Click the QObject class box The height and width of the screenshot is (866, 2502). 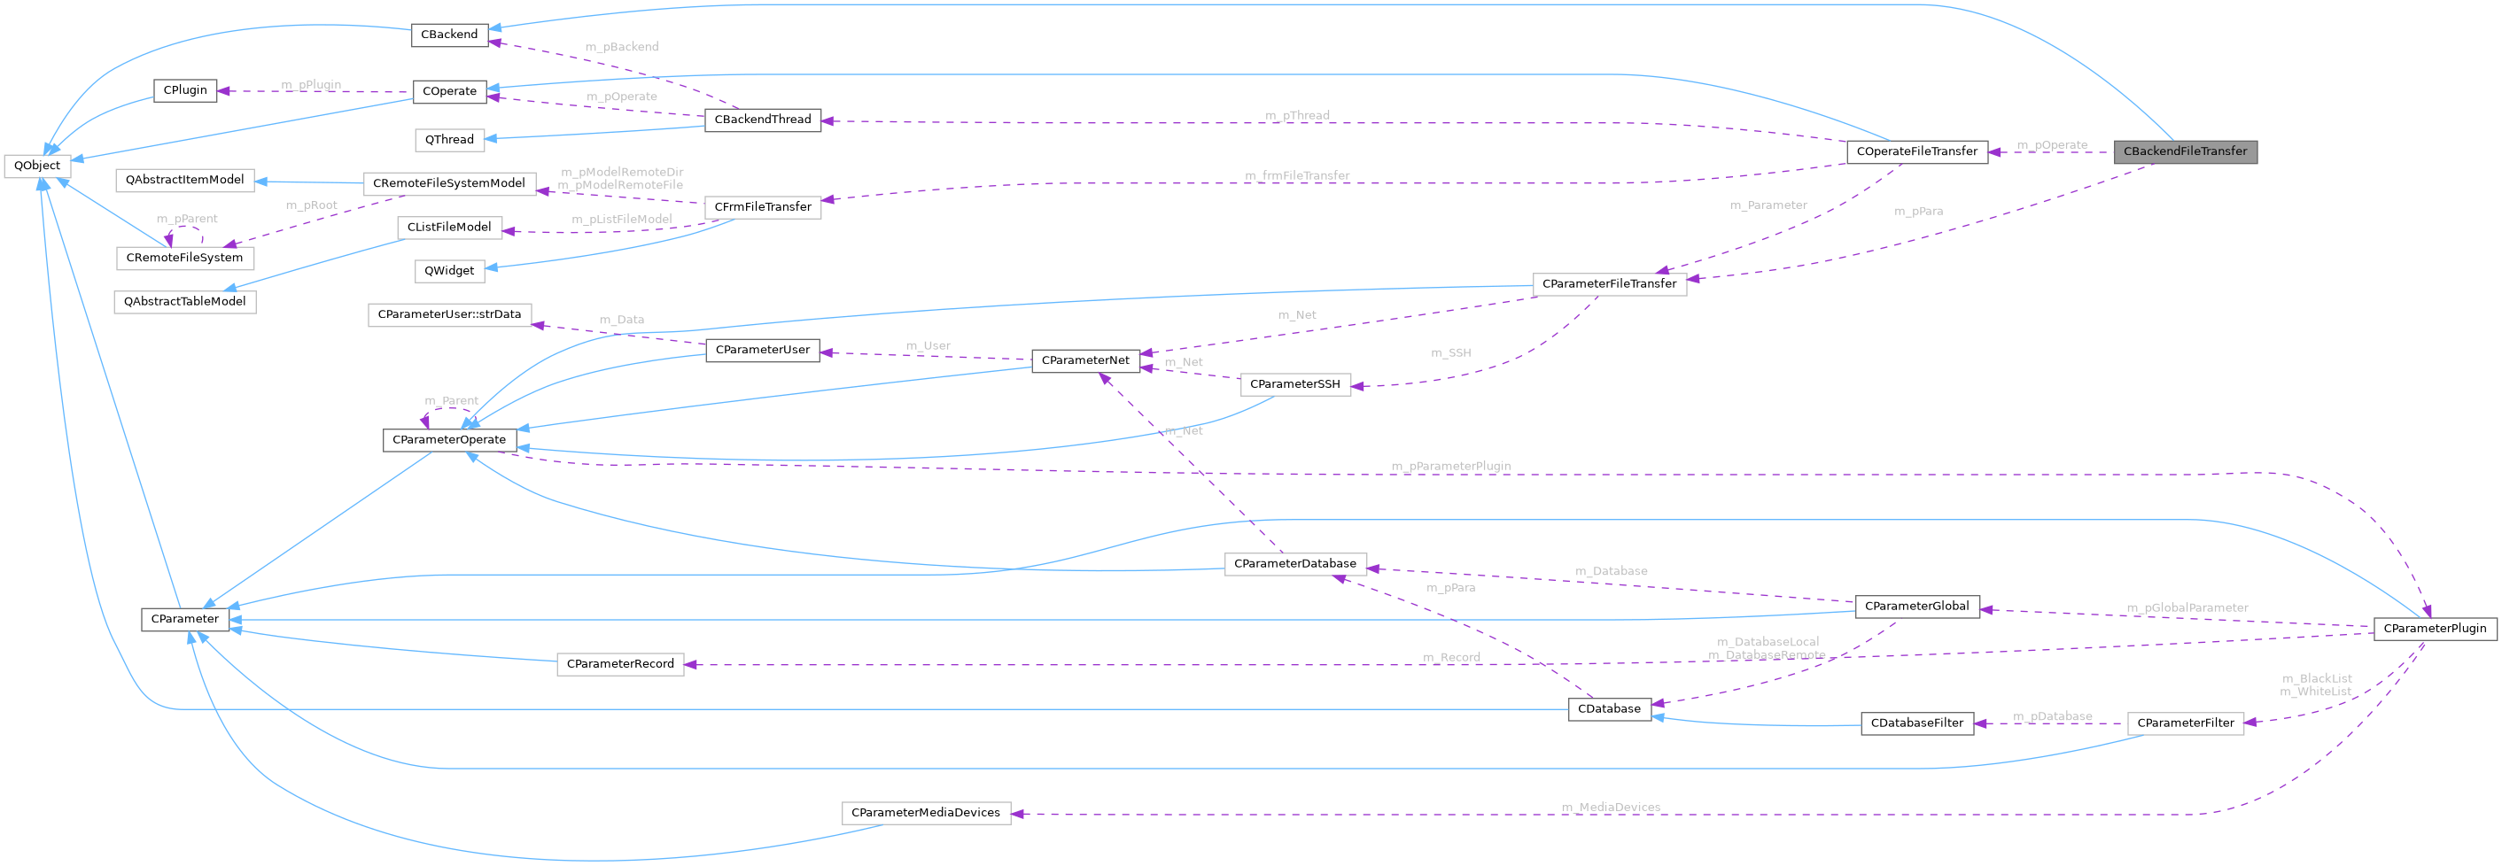37,165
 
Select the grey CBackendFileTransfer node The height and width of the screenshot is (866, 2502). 2185,151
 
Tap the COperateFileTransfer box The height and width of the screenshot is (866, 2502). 1916,151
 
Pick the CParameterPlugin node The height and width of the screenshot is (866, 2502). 2434,628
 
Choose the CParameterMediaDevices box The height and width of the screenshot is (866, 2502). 925,813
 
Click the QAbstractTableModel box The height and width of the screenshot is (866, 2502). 184,301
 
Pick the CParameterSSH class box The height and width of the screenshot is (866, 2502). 1294,384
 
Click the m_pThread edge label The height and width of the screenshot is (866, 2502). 1297,114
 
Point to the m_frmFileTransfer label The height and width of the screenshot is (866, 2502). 1297,175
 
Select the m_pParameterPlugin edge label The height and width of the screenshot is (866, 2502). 1450,466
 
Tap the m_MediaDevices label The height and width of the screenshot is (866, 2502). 1611,807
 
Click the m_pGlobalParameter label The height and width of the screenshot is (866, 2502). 2187,607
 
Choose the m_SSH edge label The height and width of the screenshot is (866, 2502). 1450,352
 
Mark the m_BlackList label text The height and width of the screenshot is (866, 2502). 2317,678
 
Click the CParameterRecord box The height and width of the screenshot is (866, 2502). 619,664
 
